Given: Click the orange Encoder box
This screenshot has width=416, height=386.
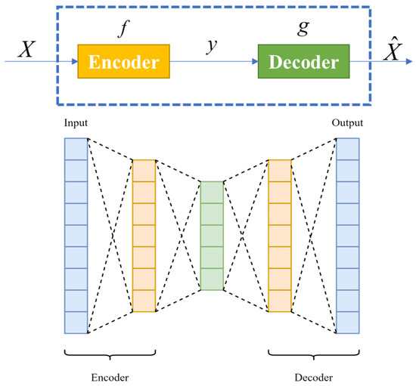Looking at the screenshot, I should (x=124, y=61).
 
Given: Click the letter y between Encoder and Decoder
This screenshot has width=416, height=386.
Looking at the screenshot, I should (x=213, y=47).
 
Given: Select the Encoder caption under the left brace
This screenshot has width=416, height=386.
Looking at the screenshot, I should (x=110, y=375).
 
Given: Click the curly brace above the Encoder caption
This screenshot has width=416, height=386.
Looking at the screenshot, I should (x=110, y=354).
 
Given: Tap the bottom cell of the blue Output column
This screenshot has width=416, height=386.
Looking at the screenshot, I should (x=347, y=323).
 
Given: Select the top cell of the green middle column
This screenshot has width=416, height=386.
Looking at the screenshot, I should (x=212, y=191).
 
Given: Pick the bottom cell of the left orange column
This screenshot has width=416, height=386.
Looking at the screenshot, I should (x=144, y=301).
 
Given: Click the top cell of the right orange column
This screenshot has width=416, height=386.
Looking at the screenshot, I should (x=280, y=170).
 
